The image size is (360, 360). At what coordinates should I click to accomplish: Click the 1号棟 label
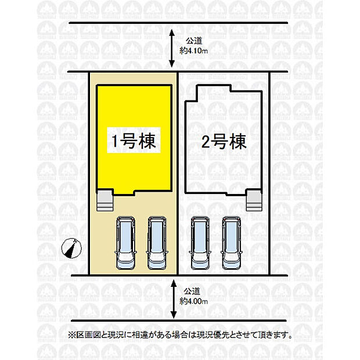pos(134,141)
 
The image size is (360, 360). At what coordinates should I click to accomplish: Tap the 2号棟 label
pos(224,141)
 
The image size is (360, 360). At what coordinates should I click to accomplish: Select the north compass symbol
pos(70,248)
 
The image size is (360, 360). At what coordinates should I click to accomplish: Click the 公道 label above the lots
pos(193,41)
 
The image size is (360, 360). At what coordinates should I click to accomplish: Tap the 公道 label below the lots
pos(194,291)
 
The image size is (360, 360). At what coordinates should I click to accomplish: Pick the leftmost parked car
pos(126,243)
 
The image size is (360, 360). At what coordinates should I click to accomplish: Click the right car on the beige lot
pos(157,243)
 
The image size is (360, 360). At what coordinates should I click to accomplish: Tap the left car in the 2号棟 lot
pos(201,243)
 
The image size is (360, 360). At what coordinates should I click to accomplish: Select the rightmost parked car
pos(232,243)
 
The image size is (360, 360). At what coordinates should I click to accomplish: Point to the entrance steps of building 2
pos(254,201)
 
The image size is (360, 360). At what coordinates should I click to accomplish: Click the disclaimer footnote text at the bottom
pos(179,335)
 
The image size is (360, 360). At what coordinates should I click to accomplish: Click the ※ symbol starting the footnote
pos(71,335)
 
